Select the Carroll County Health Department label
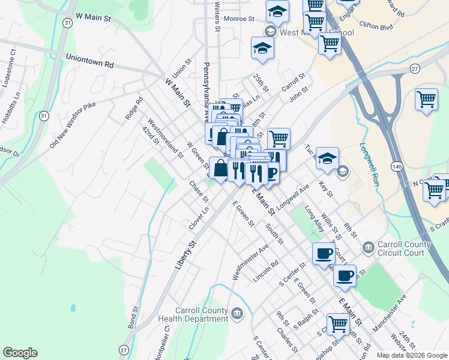coord(194,314)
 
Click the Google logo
coord(20,353)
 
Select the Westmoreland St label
coord(166,142)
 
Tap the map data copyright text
coord(411,355)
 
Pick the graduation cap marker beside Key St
coord(327,159)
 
